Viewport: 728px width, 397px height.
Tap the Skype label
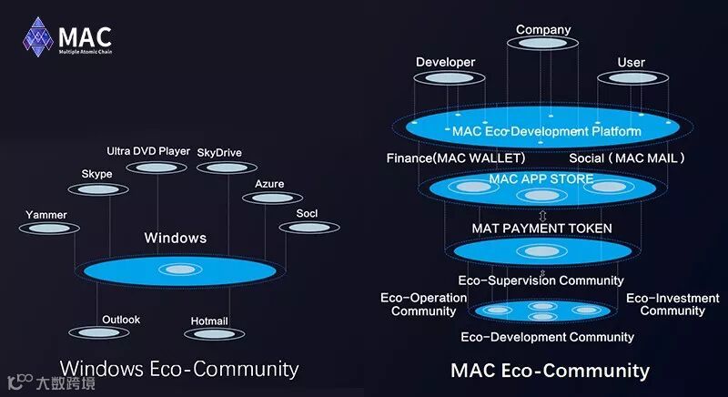coord(96,174)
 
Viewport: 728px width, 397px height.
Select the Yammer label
coord(46,215)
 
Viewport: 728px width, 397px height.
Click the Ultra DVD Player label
coord(148,151)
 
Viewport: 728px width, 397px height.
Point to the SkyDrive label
coord(219,152)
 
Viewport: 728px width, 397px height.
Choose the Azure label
coord(269,184)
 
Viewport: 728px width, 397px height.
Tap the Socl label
coord(306,212)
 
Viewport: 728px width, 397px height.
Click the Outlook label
coord(121,320)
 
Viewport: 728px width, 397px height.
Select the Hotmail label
coord(209,321)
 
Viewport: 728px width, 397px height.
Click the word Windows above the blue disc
coord(176,239)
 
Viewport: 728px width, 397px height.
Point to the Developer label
coord(446,62)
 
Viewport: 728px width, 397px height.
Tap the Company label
coord(543,30)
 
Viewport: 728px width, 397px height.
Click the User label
coord(631,63)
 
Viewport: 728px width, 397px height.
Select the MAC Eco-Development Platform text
coord(547,131)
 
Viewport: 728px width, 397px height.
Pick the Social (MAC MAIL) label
coord(627,158)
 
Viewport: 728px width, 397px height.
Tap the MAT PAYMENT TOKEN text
coord(541,228)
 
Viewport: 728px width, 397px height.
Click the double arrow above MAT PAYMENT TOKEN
coord(542,215)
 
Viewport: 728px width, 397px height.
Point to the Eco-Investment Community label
coord(672,304)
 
